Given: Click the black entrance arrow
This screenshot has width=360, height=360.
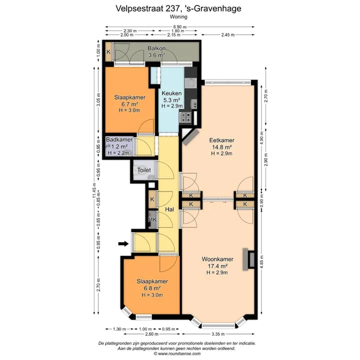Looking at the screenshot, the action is (x=123, y=243).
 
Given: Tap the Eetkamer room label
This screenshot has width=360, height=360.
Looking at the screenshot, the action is (x=221, y=140).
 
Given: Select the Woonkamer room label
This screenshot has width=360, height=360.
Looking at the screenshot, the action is (x=217, y=259).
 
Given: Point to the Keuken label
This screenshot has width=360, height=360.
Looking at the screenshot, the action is (x=171, y=93).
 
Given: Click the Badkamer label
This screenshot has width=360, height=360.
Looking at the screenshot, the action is (x=119, y=139).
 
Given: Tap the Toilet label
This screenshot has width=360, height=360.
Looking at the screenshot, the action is (x=144, y=170).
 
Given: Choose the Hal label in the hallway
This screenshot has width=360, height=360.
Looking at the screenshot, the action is (x=169, y=209).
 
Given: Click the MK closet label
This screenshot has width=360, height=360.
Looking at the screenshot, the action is (x=152, y=219).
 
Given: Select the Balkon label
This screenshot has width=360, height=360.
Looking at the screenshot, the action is (x=156, y=48).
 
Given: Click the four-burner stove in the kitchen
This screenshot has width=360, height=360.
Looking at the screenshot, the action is (x=185, y=117).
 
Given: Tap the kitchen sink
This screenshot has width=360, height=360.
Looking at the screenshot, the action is (x=190, y=83).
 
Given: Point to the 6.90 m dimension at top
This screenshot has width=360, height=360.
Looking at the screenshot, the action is (x=180, y=27).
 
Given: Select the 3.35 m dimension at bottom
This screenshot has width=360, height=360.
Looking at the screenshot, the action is (x=218, y=334).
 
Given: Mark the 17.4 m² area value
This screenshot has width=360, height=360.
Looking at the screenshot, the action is (x=217, y=266).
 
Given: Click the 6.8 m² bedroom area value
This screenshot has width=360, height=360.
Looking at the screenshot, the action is (x=152, y=288).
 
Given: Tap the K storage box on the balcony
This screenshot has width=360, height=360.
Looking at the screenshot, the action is (x=108, y=52).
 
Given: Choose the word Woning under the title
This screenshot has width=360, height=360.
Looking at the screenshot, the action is (x=178, y=17).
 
